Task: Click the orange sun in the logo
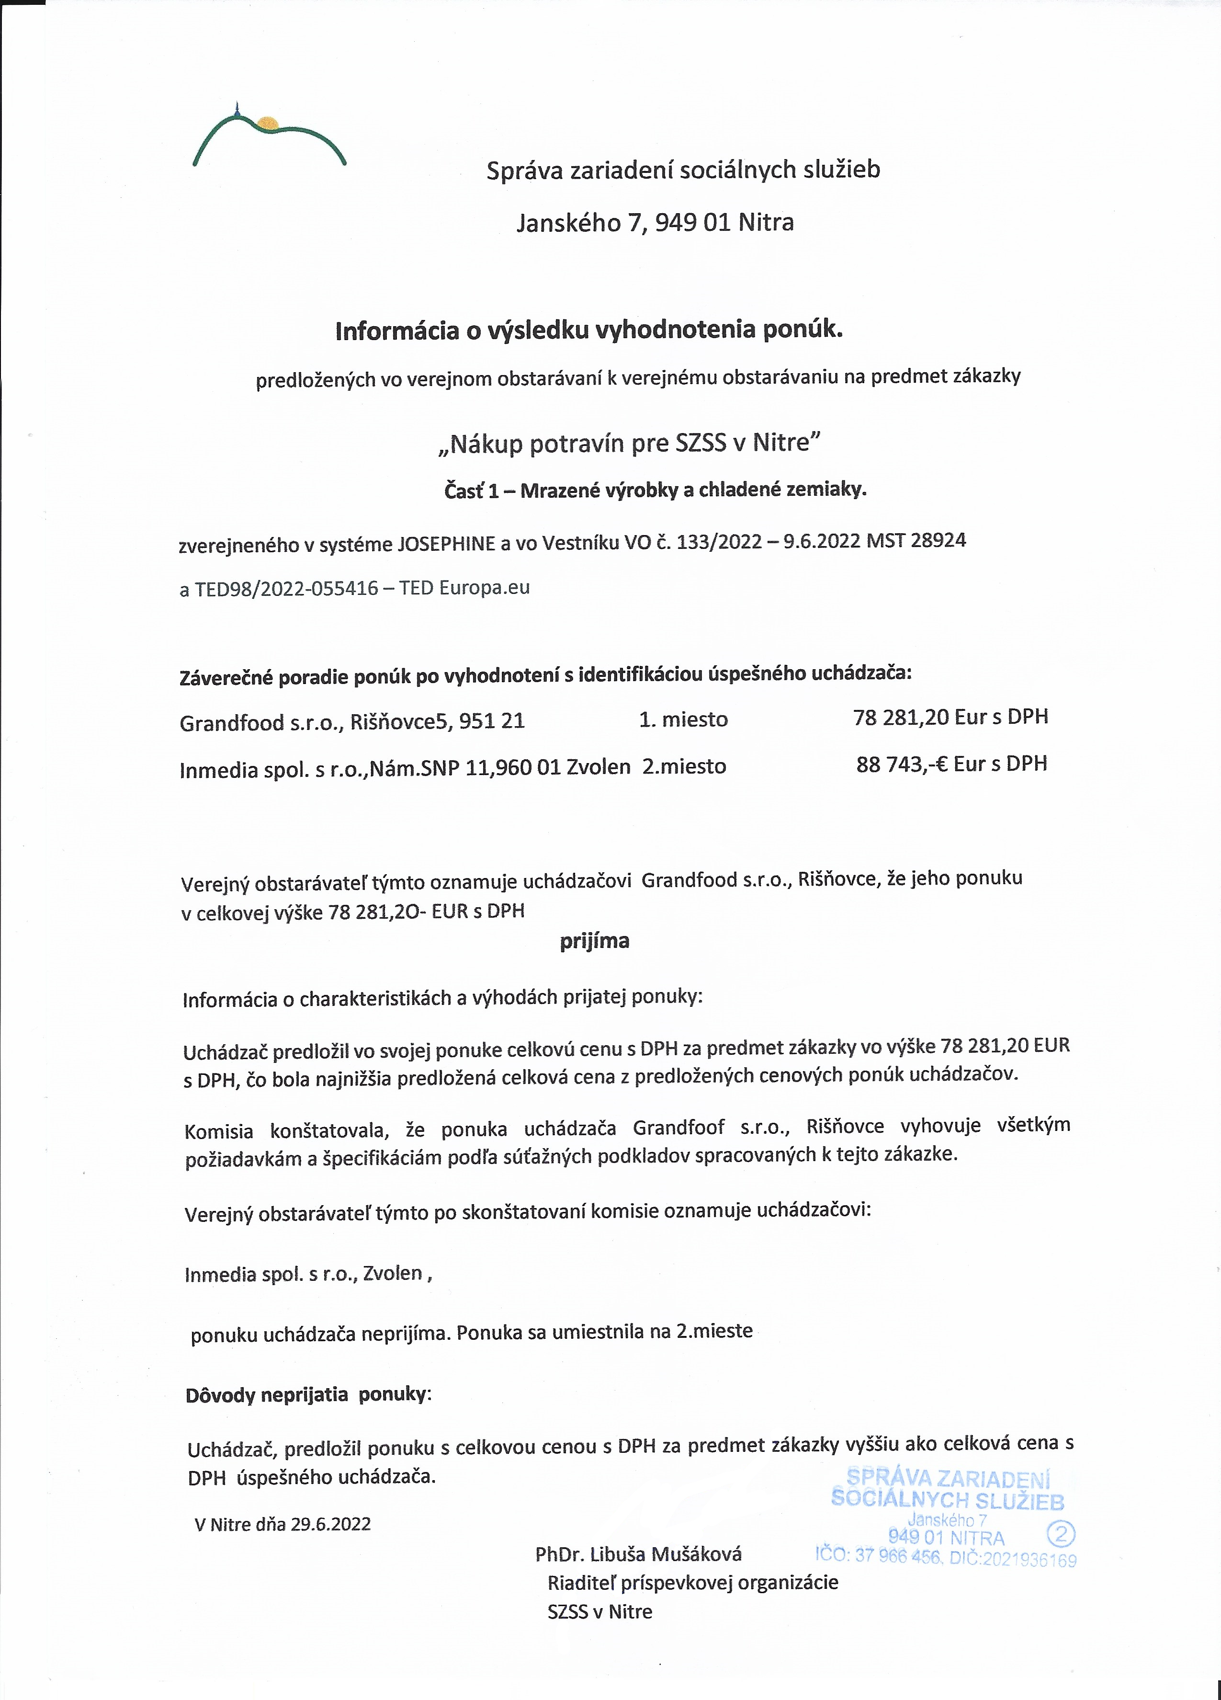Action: click(267, 122)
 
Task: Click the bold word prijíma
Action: click(594, 941)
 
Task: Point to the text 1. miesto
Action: click(683, 719)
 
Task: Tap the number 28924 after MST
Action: click(938, 540)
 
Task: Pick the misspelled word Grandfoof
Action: click(678, 1127)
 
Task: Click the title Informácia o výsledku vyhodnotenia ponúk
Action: click(589, 331)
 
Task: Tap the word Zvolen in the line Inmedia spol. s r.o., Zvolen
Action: click(393, 1274)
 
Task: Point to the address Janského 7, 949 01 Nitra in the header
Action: click(655, 223)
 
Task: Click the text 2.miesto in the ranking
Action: click(684, 766)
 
